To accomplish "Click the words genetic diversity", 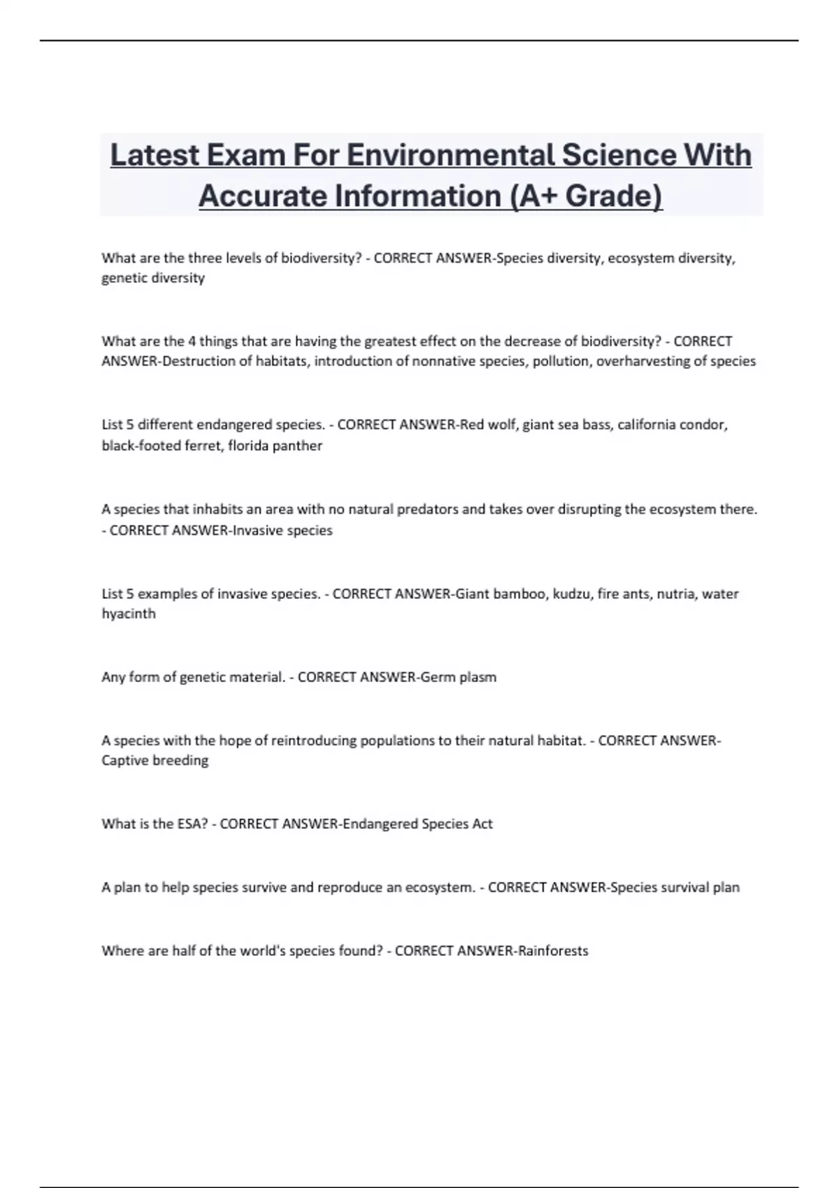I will click(153, 278).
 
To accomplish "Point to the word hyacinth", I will click(129, 614).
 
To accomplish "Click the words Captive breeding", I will click(155, 760).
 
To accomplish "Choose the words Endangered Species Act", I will click(417, 824).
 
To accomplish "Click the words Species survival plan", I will click(675, 888).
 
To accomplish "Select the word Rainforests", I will click(553, 951).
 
